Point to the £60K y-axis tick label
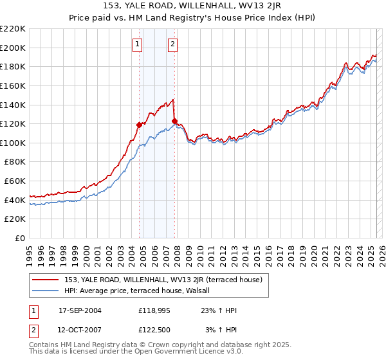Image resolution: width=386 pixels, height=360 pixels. tap(15, 181)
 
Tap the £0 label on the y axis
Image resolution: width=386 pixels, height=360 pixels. tap(21, 239)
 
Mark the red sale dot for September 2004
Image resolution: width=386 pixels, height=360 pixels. tap(140, 125)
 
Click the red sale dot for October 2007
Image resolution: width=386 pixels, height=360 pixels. tap(174, 121)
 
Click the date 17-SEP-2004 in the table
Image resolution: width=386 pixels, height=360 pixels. tap(80, 310)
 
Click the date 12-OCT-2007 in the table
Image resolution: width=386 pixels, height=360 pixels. tap(80, 330)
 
